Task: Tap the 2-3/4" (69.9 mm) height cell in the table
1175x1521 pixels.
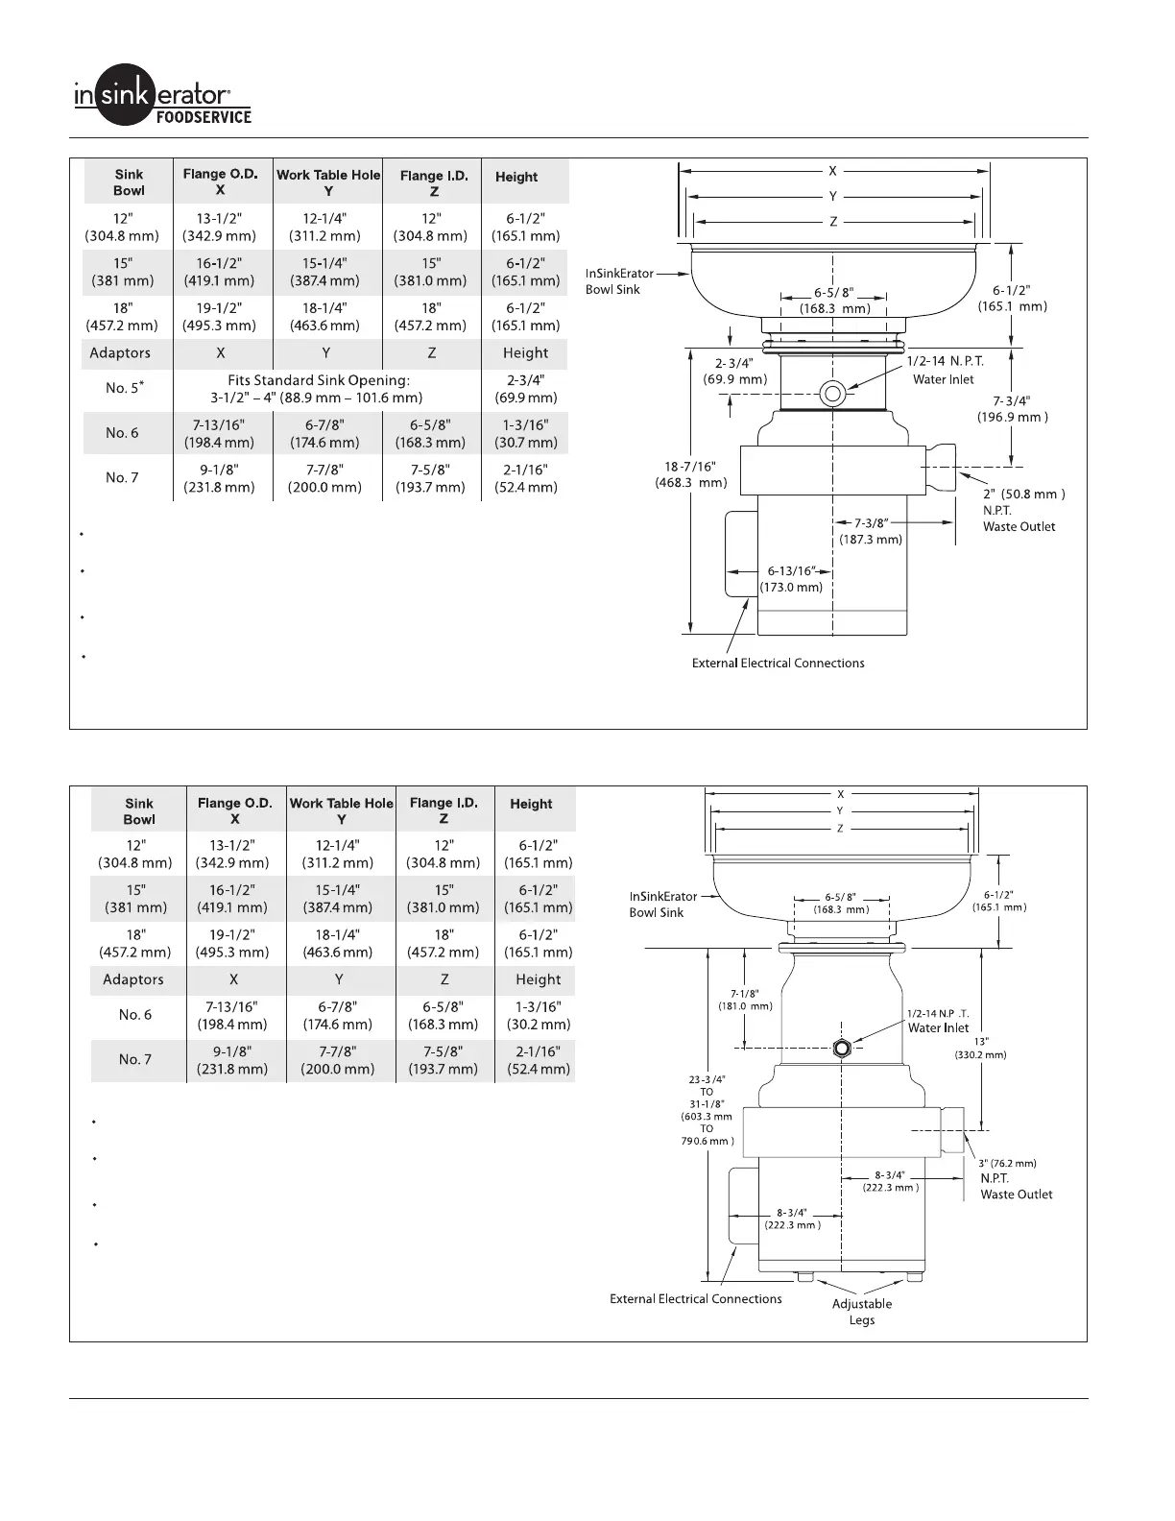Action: tap(525, 389)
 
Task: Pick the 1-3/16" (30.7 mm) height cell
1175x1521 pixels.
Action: tap(525, 433)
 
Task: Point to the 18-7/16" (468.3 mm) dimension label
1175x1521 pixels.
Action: tap(684, 474)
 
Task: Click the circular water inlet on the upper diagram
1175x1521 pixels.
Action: tap(832, 392)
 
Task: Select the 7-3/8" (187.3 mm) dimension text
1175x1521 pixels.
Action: tap(871, 531)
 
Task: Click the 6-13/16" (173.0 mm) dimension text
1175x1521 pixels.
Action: tap(792, 579)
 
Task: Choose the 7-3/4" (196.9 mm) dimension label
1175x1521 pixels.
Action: tap(1012, 409)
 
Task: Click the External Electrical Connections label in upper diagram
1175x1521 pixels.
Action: tap(778, 664)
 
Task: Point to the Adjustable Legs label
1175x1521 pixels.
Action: tap(861, 1312)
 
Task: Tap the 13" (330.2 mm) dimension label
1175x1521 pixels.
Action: tap(980, 1048)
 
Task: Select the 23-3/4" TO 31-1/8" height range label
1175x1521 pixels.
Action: tap(707, 1110)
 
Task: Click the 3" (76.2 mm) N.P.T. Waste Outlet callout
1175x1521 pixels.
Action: tap(1015, 1179)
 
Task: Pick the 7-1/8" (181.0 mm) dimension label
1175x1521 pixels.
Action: tap(745, 1000)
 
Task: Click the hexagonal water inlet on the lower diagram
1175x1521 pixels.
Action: tap(842, 1047)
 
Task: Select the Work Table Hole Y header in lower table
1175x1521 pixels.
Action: tap(341, 810)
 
